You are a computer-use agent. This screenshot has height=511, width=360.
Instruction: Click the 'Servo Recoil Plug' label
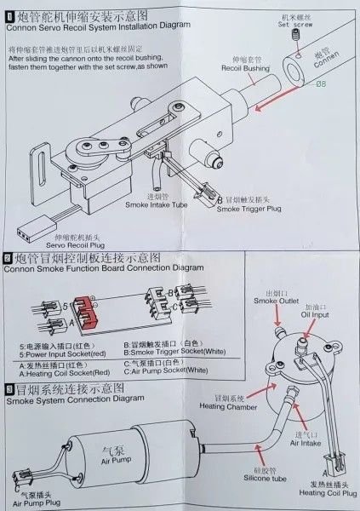click(x=61, y=245)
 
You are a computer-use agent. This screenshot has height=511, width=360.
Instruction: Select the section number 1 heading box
click(x=9, y=14)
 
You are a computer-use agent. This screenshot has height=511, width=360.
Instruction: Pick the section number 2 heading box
click(x=9, y=255)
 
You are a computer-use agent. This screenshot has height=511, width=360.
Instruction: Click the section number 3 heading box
click(x=9, y=388)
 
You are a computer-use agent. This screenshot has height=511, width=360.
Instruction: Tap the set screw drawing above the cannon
click(x=295, y=37)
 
